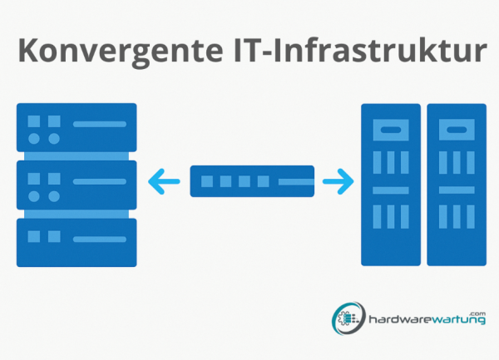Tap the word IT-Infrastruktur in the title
[360, 50]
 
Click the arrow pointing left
[164, 181]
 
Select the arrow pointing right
[338, 181]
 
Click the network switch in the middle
[252, 181]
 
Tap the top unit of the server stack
[77, 127]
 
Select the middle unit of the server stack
[77, 185]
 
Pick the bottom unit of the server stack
[77, 243]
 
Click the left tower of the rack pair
[391, 185]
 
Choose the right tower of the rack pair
[457, 185]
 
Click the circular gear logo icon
[348, 318]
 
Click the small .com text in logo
[479, 313]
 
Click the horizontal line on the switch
[296, 181]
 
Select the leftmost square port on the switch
[207, 181]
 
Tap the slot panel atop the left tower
[391, 130]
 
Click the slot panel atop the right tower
[457, 130]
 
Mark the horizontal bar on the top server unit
[100, 124]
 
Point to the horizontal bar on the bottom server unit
[100, 239]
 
